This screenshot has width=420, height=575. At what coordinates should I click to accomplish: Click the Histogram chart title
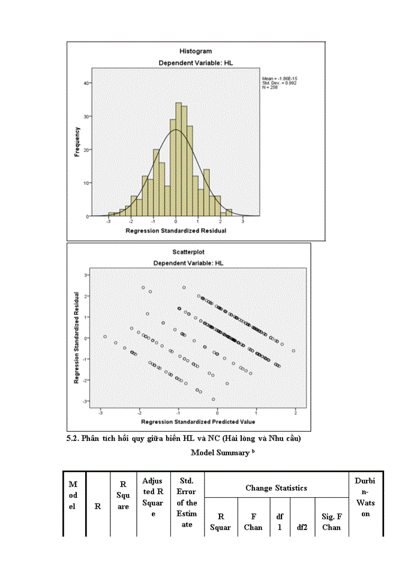pos(196,52)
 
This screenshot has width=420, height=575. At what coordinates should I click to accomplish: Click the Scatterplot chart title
pos(188,252)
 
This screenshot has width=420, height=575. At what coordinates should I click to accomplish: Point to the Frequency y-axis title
pos(77,141)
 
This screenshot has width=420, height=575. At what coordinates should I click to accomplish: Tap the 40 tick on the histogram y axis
pos(88,84)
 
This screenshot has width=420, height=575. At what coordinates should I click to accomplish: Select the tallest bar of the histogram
pos(178,159)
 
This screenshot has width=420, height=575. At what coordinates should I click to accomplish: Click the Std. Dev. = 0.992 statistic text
pos(278,83)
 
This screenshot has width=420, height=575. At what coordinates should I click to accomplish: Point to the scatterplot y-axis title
pos(77,338)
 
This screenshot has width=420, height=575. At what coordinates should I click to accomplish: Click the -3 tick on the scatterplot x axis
pos(101,413)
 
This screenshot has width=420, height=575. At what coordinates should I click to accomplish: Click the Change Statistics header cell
pos(276,488)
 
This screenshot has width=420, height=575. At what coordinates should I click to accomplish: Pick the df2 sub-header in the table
pos(302,527)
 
